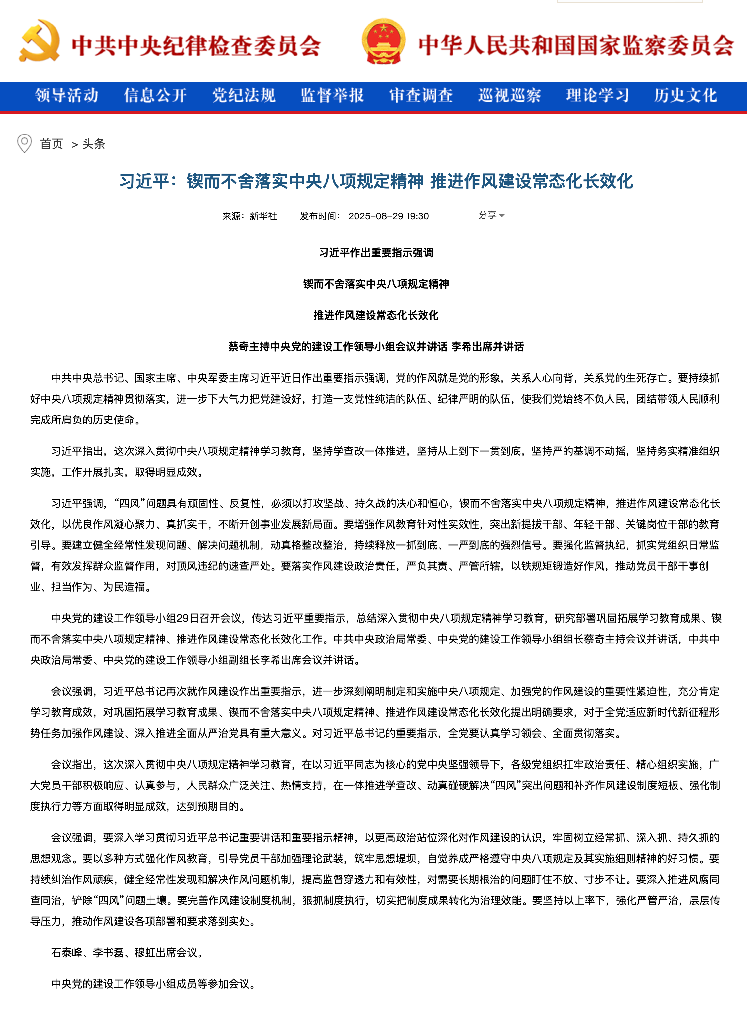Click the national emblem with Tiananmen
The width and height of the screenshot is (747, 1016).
[383, 41]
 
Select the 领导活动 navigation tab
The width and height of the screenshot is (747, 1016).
[67, 95]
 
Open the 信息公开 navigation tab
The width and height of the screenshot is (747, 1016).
[155, 95]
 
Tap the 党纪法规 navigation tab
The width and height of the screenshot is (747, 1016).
[244, 95]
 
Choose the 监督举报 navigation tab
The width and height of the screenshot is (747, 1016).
[332, 95]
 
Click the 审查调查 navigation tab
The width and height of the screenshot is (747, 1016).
[421, 95]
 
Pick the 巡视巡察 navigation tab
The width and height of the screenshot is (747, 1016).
[510, 95]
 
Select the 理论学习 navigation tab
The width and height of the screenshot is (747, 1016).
[598, 95]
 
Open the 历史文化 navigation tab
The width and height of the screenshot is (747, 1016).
[686, 95]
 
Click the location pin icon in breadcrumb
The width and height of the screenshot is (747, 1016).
[24, 143]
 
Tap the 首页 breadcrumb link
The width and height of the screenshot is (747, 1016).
[52, 144]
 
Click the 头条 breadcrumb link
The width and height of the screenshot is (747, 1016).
[94, 144]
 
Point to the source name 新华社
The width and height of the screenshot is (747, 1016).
[263, 216]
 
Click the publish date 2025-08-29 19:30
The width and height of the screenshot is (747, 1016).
[389, 216]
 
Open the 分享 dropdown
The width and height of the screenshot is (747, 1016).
[491, 215]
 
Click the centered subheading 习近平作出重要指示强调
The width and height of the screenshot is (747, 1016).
[376, 252]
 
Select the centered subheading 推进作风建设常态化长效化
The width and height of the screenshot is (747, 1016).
[376, 315]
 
